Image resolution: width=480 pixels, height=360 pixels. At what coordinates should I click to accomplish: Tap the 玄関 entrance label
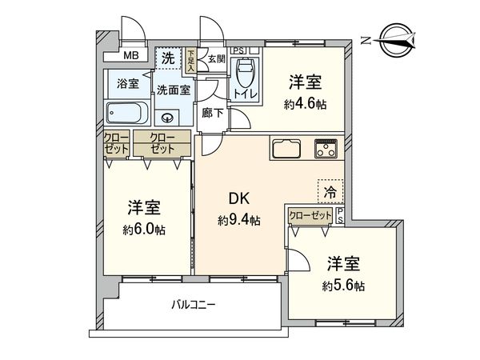tap(215, 58)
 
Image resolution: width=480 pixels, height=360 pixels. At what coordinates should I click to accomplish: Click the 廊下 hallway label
tap(213, 113)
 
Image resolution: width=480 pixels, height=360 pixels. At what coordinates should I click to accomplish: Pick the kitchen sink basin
tap(286, 150)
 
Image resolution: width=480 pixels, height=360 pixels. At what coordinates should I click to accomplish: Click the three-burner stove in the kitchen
tap(326, 148)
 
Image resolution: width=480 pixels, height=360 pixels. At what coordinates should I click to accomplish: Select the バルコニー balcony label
tap(193, 304)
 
